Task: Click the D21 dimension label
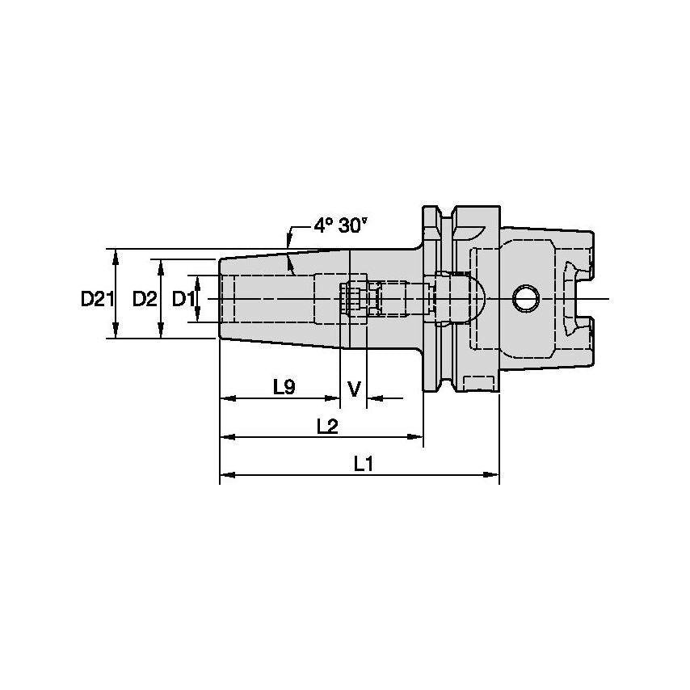(x=95, y=299)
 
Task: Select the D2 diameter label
(x=144, y=299)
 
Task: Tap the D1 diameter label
(x=183, y=299)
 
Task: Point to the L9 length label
(x=283, y=387)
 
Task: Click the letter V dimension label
(x=354, y=389)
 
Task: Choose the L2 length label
(x=326, y=426)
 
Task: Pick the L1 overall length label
(x=363, y=464)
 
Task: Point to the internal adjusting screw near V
(x=354, y=299)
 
